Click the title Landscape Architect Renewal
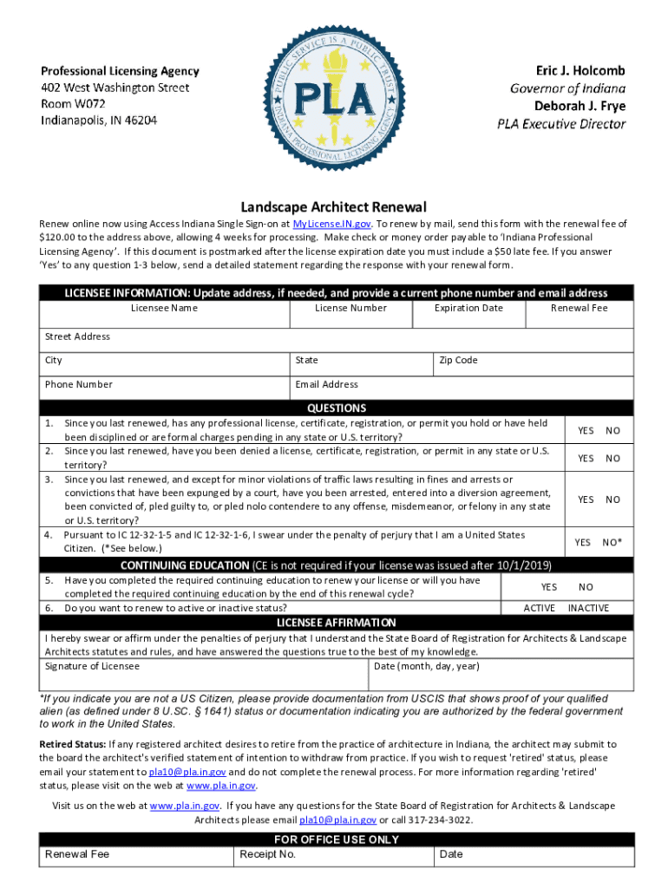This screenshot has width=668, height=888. click(x=334, y=207)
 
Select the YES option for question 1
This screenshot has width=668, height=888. click(x=586, y=431)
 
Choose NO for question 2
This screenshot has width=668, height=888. click(x=613, y=459)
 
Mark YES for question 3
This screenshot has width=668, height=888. click(x=586, y=499)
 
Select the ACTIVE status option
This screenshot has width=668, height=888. click(x=540, y=608)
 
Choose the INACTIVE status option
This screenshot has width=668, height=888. click(x=588, y=608)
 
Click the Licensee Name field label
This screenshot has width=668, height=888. click(x=164, y=308)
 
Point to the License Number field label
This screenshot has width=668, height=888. click(x=350, y=308)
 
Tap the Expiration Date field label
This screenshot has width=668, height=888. click(x=468, y=308)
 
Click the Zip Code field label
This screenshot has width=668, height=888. click(x=458, y=360)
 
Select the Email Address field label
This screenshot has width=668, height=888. click(x=326, y=384)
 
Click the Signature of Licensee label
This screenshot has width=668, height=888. click(x=92, y=666)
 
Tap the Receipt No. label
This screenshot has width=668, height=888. click(x=267, y=854)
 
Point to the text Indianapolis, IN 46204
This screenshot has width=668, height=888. click(x=100, y=120)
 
